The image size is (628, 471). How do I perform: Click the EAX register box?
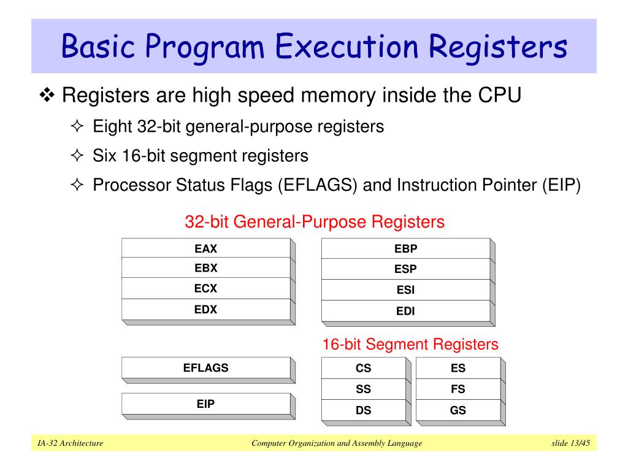[x=206, y=248]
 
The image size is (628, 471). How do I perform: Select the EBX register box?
[x=206, y=268]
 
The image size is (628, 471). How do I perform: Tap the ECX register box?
[x=206, y=288]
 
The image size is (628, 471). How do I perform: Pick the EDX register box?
[x=206, y=309]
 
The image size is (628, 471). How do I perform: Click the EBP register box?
[x=405, y=248]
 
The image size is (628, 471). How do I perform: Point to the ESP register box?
[x=405, y=269]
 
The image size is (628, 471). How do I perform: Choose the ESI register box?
[x=405, y=290]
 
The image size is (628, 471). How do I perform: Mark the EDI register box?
[x=405, y=311]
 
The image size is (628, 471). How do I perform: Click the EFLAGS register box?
[x=206, y=368]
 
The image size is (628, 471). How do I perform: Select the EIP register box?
[x=206, y=404]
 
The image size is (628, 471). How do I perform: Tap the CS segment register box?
[x=364, y=369]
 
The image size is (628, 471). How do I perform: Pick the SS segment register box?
[x=364, y=389]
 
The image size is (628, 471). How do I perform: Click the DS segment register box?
[x=364, y=410]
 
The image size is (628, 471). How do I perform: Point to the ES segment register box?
[x=458, y=369]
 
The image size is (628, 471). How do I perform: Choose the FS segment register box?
[x=458, y=389]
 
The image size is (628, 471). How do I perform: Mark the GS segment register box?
[x=458, y=410]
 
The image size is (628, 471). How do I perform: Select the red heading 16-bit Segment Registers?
[x=410, y=344]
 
